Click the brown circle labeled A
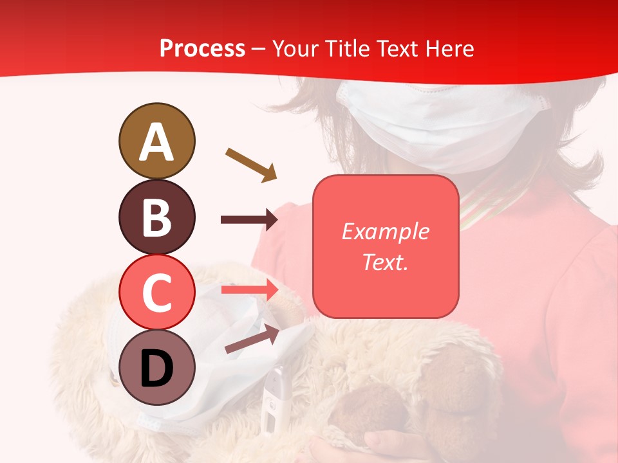[156, 141]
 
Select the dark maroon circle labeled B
[156, 217]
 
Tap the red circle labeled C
[156, 291]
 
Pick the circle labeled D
[156, 367]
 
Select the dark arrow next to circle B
[249, 220]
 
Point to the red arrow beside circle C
[249, 290]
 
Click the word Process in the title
[202, 49]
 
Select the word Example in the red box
[385, 232]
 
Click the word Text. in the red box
[385, 262]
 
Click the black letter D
[156, 368]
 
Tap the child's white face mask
[444, 122]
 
